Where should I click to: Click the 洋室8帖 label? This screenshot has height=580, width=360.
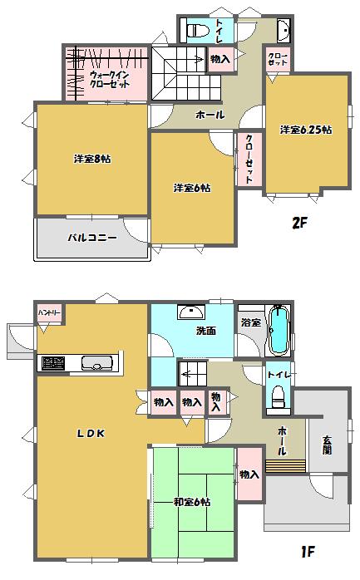[x=86, y=159]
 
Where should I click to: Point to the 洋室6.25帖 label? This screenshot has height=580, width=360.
[x=306, y=130]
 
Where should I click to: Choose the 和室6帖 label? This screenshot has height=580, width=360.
[x=192, y=502]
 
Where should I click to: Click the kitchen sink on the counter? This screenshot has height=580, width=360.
[x=98, y=364]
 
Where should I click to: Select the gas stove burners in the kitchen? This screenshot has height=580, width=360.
[x=54, y=364]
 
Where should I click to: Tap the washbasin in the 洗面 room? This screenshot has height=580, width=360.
[x=192, y=312]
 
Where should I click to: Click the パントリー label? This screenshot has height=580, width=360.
[x=48, y=312]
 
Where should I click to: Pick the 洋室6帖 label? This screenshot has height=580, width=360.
[x=192, y=188]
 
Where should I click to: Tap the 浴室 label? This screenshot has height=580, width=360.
[x=250, y=321]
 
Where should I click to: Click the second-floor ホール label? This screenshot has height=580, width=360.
[x=210, y=115]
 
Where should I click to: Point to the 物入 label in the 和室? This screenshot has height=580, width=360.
[x=249, y=474]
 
